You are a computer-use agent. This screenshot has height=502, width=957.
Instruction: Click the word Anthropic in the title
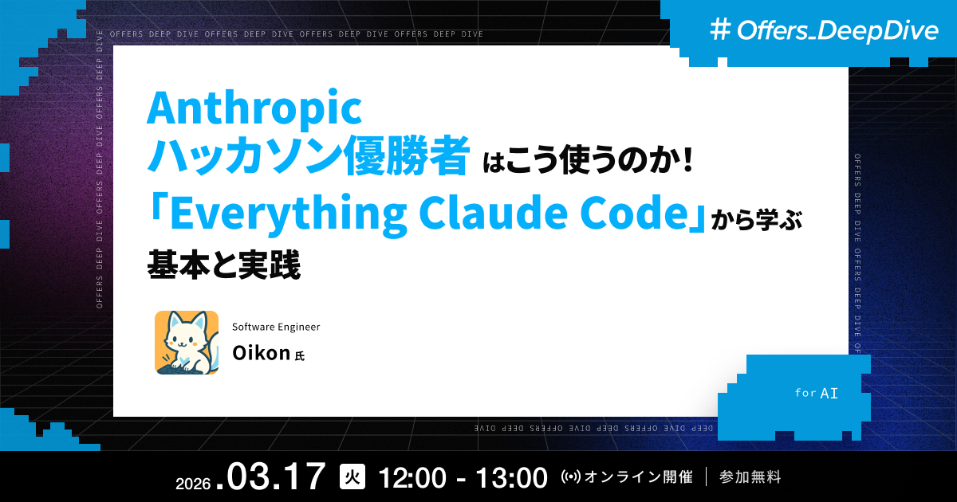click(x=254, y=109)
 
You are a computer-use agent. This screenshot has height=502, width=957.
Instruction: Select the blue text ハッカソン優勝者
click(x=307, y=157)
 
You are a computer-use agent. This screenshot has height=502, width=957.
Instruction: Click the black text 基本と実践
click(x=224, y=265)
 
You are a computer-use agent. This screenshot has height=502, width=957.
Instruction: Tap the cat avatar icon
click(x=187, y=342)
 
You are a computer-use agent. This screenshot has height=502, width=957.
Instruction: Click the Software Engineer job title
click(x=276, y=327)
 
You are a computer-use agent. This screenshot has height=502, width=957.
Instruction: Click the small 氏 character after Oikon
click(x=300, y=356)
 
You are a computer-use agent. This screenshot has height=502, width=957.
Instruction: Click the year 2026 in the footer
click(x=192, y=484)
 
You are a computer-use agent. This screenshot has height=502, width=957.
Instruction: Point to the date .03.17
click(x=275, y=478)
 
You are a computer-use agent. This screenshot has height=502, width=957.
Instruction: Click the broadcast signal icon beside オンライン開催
click(x=572, y=478)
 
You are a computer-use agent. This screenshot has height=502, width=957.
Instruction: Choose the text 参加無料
click(x=750, y=477)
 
